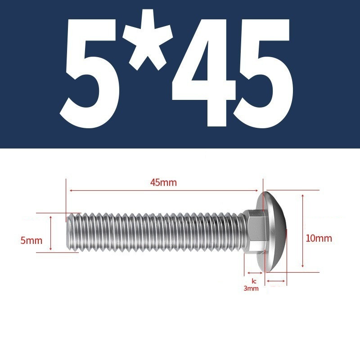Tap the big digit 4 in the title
coord(204,73)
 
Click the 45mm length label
coord(163,183)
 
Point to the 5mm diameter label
coord(31,241)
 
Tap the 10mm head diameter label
coord(319,238)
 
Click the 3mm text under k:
coord(251,288)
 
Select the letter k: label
coord(254,281)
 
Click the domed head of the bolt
coord(272,231)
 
